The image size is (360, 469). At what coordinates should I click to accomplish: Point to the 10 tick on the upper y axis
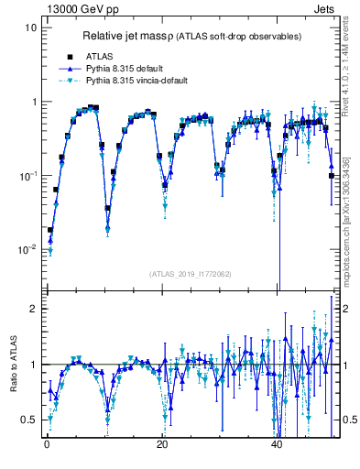pyautogui.click(x=31, y=27)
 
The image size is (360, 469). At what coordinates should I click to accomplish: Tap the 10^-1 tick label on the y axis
pyautogui.click(x=27, y=176)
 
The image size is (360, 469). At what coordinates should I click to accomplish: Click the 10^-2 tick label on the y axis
pyautogui.click(x=27, y=250)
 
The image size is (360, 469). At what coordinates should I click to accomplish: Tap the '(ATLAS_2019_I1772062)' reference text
pyautogui.click(x=190, y=274)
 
